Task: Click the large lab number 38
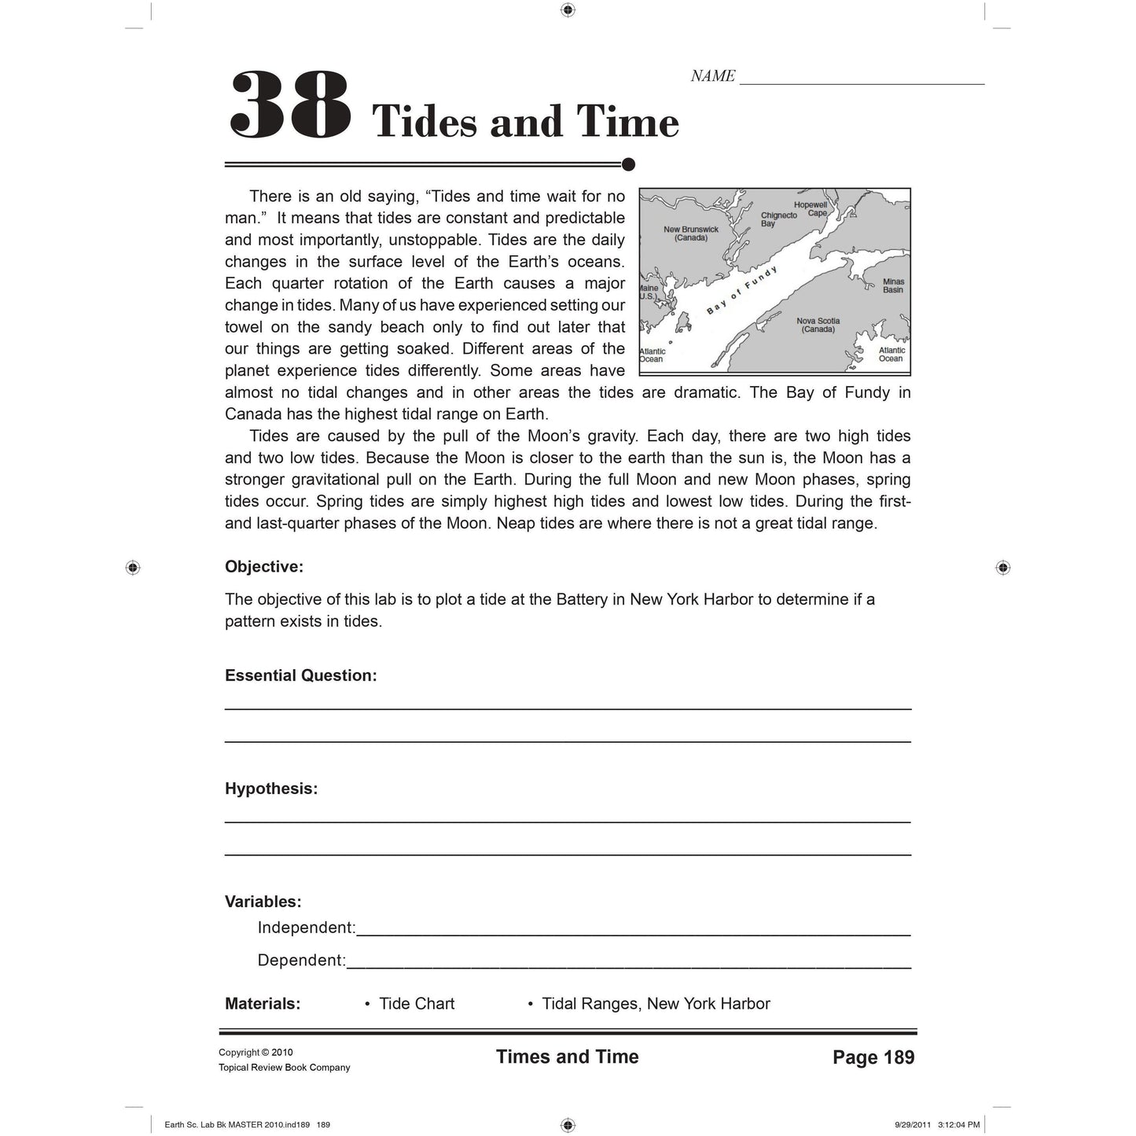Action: coord(289,106)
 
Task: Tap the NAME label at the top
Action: coord(712,76)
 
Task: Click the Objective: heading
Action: coord(264,567)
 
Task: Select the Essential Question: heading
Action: coord(301,675)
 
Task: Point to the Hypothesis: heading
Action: coord(271,789)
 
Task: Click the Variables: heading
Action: coord(263,902)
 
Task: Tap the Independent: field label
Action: coord(307,928)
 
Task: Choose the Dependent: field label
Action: coord(302,960)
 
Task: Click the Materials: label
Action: coord(263,1004)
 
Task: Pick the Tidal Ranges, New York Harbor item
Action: coord(656,1004)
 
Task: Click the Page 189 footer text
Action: coord(873,1057)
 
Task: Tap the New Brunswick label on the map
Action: coord(691,233)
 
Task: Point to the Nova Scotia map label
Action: coord(818,325)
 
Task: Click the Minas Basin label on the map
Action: coord(893,285)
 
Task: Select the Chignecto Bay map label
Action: coord(778,219)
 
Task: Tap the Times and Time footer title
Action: coord(567,1057)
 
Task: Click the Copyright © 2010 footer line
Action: coord(256,1053)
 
